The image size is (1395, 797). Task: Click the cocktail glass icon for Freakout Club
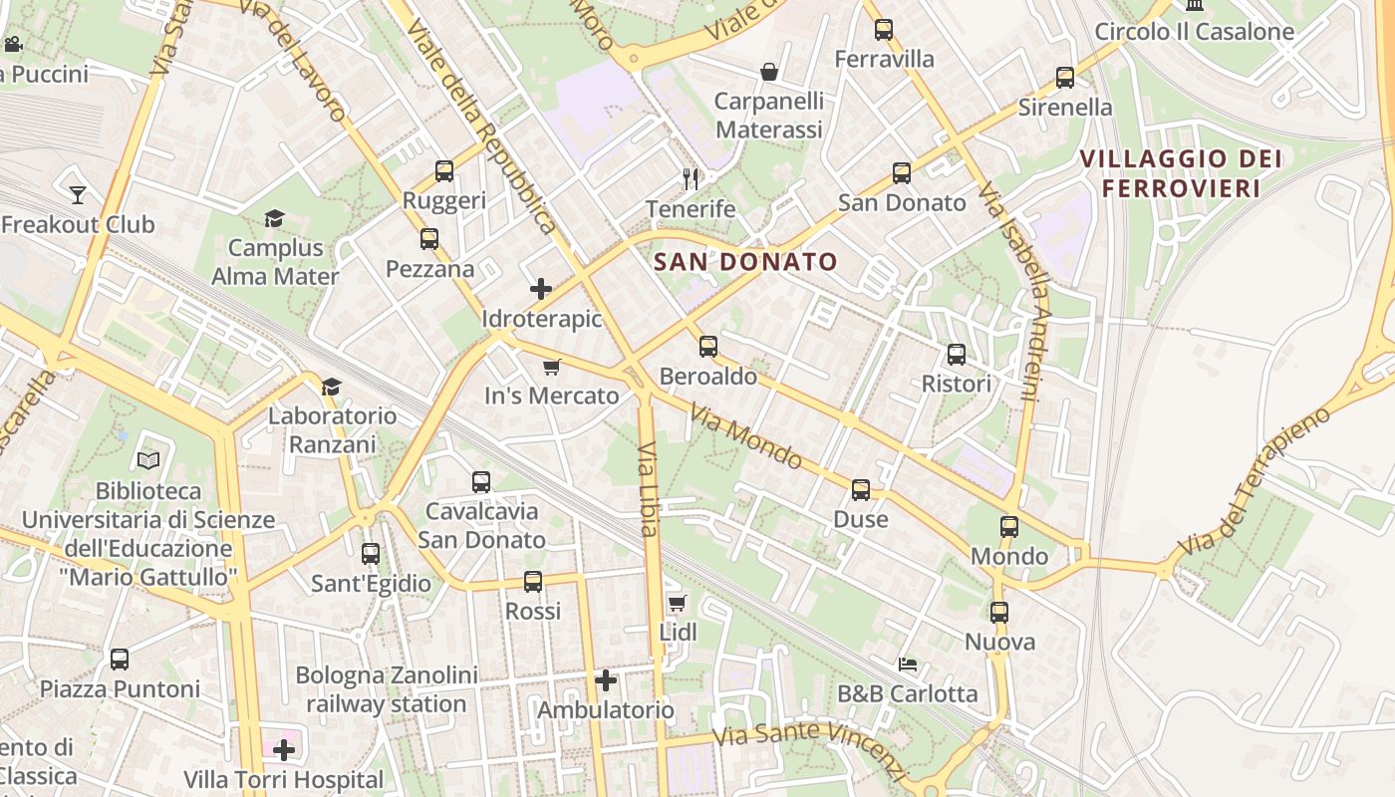[x=77, y=194]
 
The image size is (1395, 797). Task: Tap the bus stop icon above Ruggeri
[x=444, y=171]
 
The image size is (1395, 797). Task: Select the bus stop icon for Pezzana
[x=429, y=239]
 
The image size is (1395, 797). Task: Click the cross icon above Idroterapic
[x=541, y=290]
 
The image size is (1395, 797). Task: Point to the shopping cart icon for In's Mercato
[x=552, y=367]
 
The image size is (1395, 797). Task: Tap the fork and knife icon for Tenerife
[x=691, y=178]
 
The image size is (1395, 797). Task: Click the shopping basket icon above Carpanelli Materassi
[x=769, y=72]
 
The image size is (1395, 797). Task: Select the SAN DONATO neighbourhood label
[x=745, y=262]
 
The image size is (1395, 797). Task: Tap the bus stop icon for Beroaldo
[x=708, y=347]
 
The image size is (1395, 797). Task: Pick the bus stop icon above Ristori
[x=957, y=355]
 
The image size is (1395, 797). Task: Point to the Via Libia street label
[x=648, y=488]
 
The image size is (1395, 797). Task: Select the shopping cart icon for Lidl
[x=678, y=603]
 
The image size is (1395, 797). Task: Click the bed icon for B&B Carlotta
[x=908, y=664]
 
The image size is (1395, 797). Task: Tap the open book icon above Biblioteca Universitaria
[x=148, y=460]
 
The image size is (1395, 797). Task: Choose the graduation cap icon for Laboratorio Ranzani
[x=331, y=387]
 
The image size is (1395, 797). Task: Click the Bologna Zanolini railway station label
[x=387, y=689]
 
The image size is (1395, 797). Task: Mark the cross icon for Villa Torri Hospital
[x=284, y=749]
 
